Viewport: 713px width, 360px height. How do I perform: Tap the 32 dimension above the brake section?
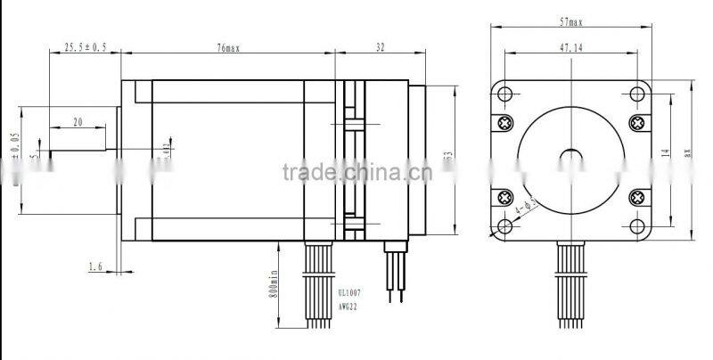point(381,48)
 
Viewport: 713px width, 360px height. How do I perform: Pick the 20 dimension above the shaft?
point(78,122)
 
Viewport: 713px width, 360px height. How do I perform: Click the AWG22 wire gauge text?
point(349,305)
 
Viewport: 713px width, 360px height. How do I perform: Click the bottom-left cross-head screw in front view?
point(505,197)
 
